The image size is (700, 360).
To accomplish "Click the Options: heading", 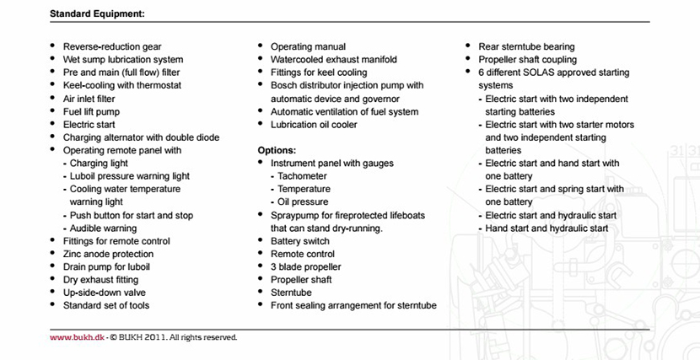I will (277, 150).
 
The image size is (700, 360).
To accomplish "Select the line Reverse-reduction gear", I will (112, 47).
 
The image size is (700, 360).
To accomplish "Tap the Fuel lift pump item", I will (91, 111).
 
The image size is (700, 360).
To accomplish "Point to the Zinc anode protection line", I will (108, 254).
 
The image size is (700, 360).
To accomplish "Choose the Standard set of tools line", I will (105, 305).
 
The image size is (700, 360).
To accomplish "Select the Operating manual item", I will (308, 47).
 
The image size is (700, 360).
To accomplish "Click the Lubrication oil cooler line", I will (314, 125).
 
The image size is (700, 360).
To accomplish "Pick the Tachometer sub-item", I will (306, 176).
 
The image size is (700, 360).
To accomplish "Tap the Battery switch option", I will (300, 241).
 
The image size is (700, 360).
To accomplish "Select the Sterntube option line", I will (291, 293).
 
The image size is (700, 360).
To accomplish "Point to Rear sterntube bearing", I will (526, 47).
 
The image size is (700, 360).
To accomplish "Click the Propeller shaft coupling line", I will (527, 60).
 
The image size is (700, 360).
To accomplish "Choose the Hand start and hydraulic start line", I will (547, 228).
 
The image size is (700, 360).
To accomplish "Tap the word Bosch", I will (285, 86).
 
